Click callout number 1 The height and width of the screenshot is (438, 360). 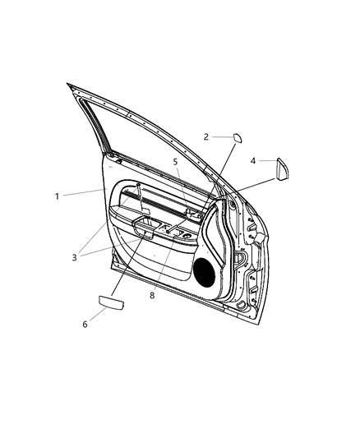(57, 196)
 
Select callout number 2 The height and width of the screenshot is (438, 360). (206, 137)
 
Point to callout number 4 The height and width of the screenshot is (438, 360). (253, 161)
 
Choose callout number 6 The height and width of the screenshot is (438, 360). (84, 324)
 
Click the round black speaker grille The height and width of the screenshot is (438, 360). (205, 270)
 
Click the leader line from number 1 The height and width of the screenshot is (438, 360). (82, 193)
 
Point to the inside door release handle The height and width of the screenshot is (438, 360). (194, 215)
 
